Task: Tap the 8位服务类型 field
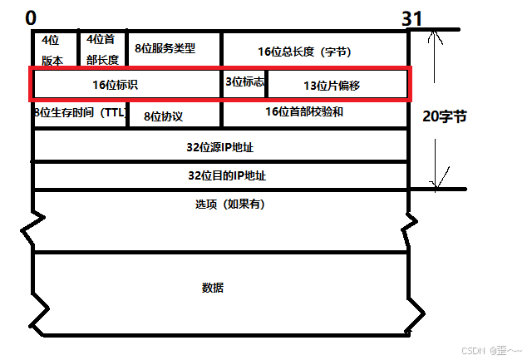(x=172, y=48)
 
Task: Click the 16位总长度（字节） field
(x=315, y=51)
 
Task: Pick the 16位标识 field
(x=126, y=84)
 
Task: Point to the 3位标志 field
(x=244, y=81)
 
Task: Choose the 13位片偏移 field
(x=337, y=85)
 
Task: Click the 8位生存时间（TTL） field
(x=79, y=114)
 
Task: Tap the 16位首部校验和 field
(x=315, y=112)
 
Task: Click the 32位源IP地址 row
(x=220, y=145)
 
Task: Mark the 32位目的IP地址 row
(x=220, y=175)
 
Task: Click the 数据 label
(x=213, y=288)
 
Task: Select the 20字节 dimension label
(x=446, y=116)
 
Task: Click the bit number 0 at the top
(x=31, y=18)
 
